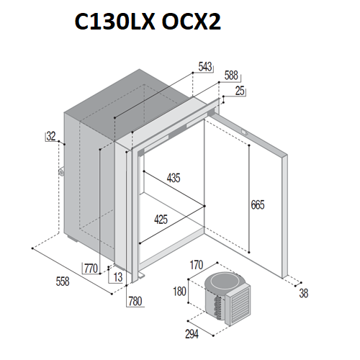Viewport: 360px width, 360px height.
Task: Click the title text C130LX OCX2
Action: click(x=148, y=22)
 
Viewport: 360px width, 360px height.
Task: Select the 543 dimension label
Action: click(x=205, y=67)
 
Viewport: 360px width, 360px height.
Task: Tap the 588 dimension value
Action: click(x=231, y=76)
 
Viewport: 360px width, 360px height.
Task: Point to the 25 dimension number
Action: click(x=240, y=91)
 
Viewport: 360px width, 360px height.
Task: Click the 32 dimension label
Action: click(x=51, y=136)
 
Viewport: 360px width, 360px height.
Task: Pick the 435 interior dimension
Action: click(x=174, y=178)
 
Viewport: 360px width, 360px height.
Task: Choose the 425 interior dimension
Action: click(x=161, y=220)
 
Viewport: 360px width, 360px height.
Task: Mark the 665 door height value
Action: click(x=258, y=204)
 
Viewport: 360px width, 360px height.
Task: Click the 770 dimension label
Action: click(x=91, y=269)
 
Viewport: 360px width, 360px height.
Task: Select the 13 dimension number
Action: click(x=118, y=277)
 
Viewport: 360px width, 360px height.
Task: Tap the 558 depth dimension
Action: click(x=63, y=282)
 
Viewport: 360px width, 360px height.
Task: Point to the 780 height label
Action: click(x=135, y=301)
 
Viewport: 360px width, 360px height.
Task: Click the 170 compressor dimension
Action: click(x=197, y=265)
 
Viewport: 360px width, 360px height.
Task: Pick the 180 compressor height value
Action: click(x=179, y=292)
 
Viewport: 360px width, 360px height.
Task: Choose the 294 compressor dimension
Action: click(x=192, y=334)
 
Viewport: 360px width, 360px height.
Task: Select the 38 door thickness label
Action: click(x=304, y=293)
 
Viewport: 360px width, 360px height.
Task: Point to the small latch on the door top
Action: click(x=244, y=132)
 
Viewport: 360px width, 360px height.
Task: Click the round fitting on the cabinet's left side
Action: click(x=61, y=172)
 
